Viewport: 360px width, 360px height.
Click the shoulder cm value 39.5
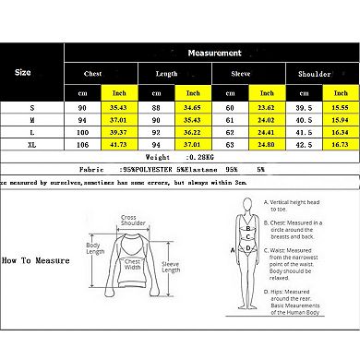tap(301, 108)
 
